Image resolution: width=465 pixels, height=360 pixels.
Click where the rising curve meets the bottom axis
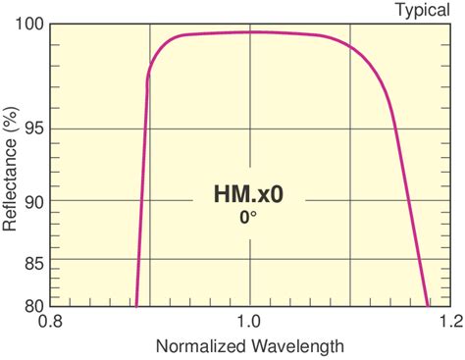(136, 305)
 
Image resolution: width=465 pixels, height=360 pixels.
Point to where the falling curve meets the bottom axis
(428, 305)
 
